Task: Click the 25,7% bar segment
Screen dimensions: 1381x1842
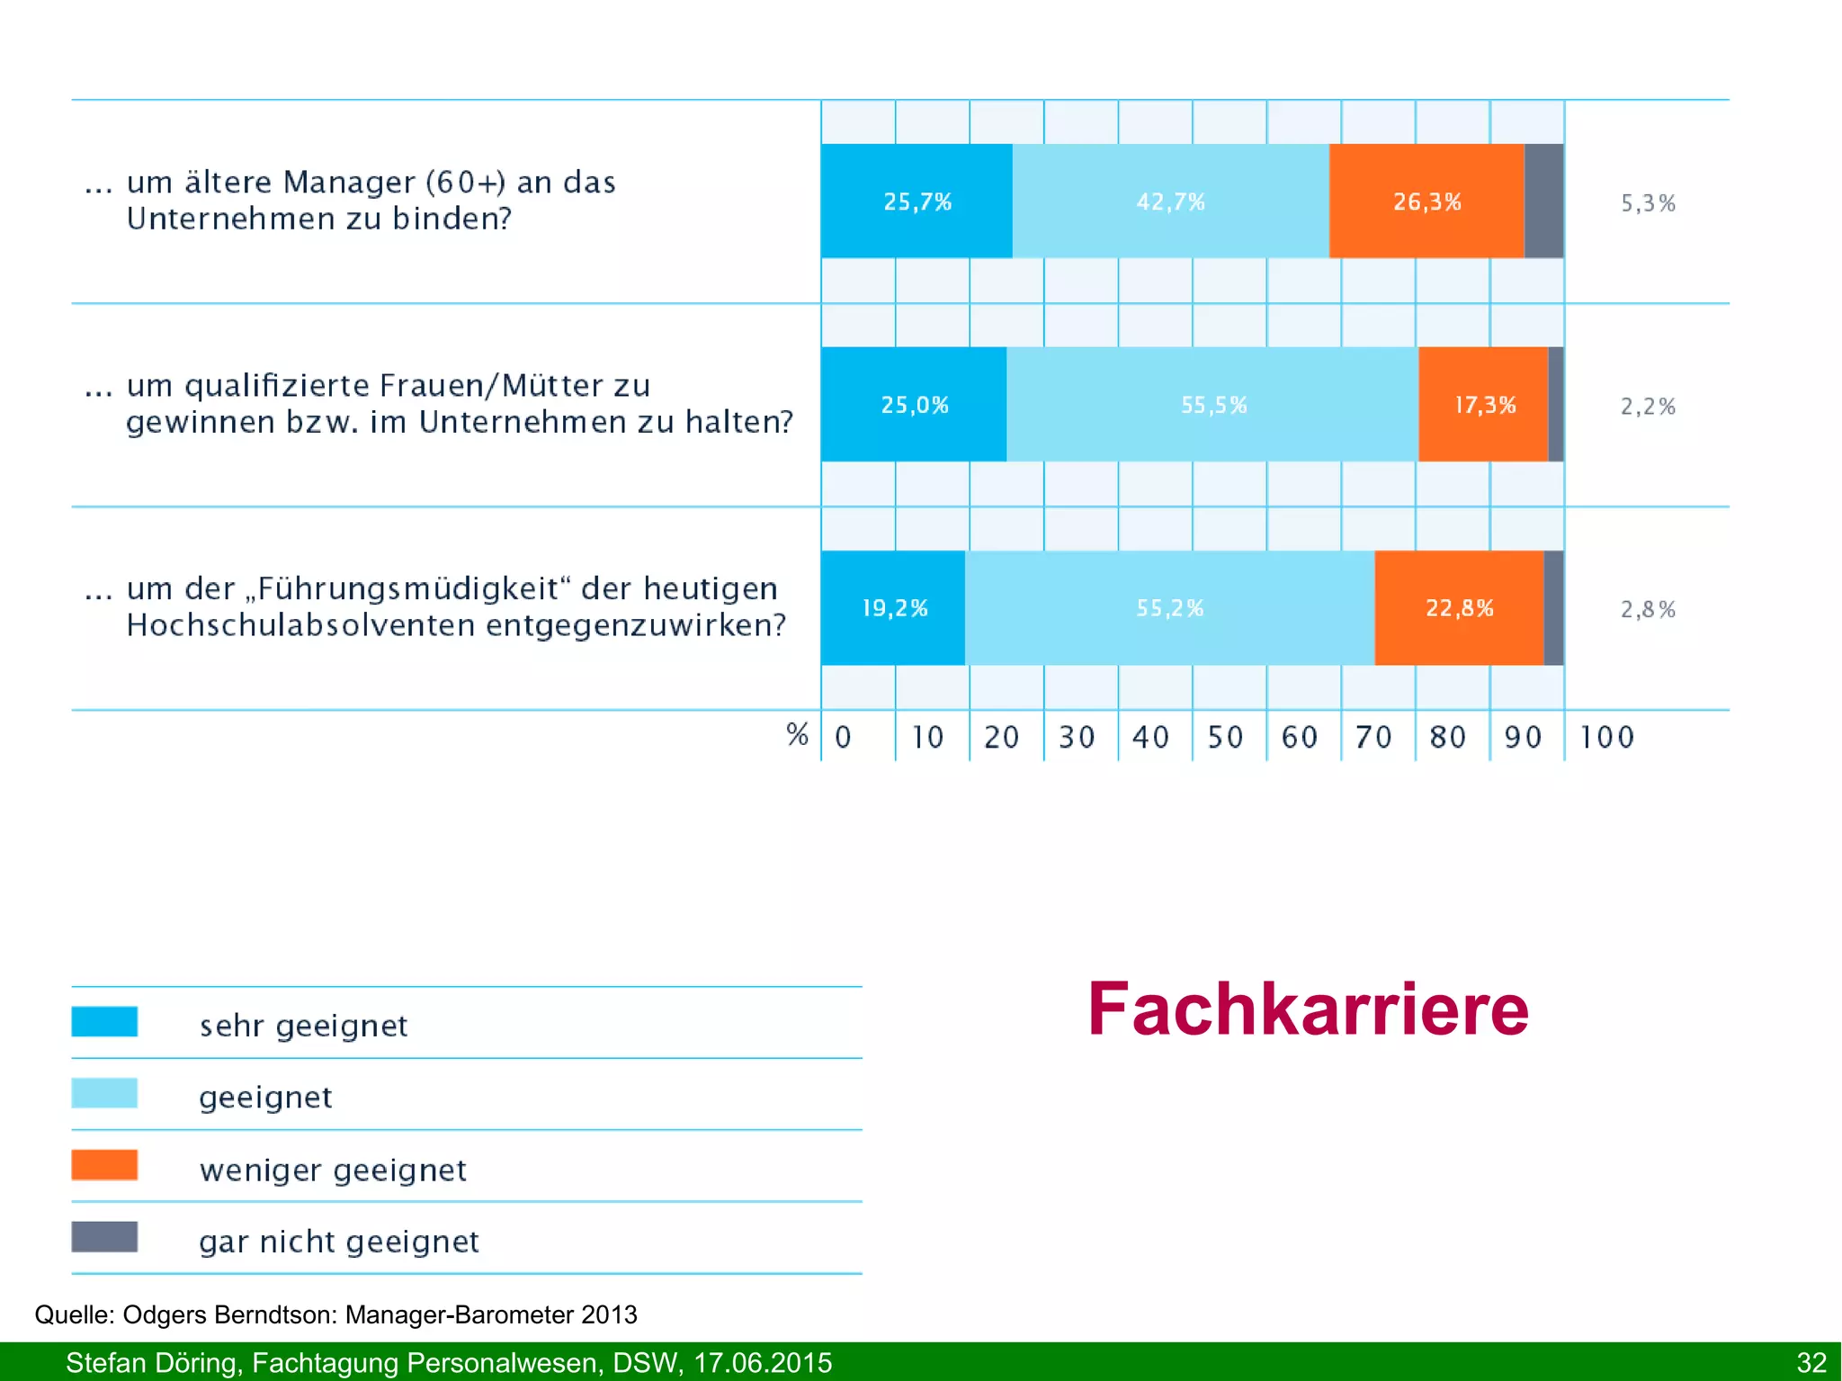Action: (x=917, y=202)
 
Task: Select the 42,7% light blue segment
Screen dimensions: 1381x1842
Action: (x=1170, y=202)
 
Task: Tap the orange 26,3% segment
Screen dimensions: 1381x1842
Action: (x=1426, y=202)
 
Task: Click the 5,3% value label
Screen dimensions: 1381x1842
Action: (x=1648, y=203)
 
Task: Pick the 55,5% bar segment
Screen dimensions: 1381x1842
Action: (x=1212, y=405)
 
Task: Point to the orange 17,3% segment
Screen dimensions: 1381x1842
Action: (x=1484, y=405)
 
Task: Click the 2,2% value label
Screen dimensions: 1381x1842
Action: (x=1648, y=407)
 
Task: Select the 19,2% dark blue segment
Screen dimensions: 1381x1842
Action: (x=893, y=608)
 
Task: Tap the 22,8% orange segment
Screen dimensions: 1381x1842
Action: (x=1459, y=608)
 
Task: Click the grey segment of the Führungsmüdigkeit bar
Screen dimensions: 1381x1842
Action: (x=1553, y=608)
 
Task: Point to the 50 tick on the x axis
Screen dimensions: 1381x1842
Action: (x=1224, y=738)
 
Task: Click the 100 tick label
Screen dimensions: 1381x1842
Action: (x=1606, y=738)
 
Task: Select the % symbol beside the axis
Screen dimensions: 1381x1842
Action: (x=797, y=734)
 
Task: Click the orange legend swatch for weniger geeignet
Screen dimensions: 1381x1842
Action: (x=104, y=1165)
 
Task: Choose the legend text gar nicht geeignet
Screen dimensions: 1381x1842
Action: (x=339, y=1242)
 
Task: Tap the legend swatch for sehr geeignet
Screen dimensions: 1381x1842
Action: (x=104, y=1021)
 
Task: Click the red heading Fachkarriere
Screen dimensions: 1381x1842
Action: (x=1308, y=1009)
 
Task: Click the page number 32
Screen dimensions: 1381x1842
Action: (x=1811, y=1362)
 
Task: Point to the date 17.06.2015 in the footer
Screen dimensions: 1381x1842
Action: (x=762, y=1362)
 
